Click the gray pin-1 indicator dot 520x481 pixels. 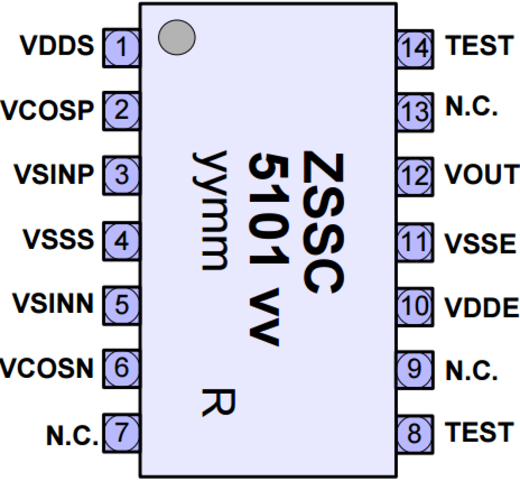point(177,37)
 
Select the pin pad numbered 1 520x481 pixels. point(121,48)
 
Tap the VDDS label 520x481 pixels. point(57,46)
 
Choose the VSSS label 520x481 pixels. point(58,239)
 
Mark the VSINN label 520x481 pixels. point(53,303)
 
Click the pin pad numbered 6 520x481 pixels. point(121,368)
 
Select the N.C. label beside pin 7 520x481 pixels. point(72,435)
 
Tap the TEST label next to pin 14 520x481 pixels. point(479,46)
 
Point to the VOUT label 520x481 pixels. point(481,174)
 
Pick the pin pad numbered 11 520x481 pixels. point(415,242)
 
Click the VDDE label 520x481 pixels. point(481,308)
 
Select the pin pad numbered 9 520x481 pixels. point(415,369)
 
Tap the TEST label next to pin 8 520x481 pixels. point(479,433)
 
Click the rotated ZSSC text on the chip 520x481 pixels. point(323,223)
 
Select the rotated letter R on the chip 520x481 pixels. point(218,402)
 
